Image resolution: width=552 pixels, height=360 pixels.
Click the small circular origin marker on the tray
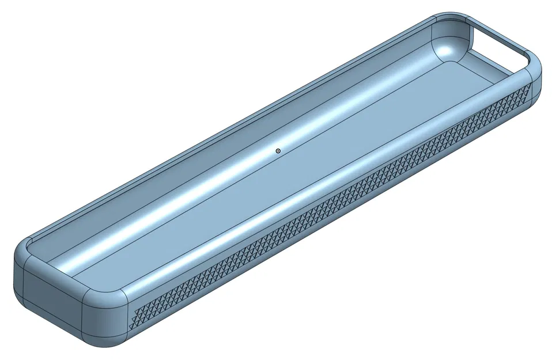pyautogui.click(x=278, y=151)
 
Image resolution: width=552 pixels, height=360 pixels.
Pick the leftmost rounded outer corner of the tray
pyautogui.click(x=20, y=276)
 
